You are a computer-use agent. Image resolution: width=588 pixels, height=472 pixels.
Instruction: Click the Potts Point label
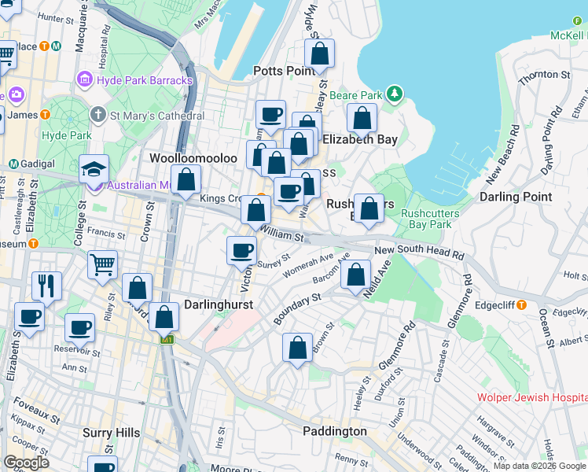[284, 72]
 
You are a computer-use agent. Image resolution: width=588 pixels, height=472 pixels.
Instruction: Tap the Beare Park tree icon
[394, 95]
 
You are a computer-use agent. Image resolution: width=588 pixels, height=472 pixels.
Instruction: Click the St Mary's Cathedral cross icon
[98, 116]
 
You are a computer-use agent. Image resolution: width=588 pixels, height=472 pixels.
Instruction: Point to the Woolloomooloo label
[193, 158]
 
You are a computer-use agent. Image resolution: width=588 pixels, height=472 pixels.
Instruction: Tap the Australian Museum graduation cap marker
[94, 169]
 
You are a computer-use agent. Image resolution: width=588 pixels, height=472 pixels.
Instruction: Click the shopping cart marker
[103, 266]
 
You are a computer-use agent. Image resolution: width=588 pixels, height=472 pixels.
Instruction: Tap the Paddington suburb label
[335, 431]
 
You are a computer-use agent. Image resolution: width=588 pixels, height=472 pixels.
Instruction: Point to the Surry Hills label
[112, 433]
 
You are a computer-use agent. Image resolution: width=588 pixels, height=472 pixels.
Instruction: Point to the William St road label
[281, 233]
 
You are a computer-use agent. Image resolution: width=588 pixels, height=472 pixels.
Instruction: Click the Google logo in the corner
[26, 462]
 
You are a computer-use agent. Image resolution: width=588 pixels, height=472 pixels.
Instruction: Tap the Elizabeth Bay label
[359, 140]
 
